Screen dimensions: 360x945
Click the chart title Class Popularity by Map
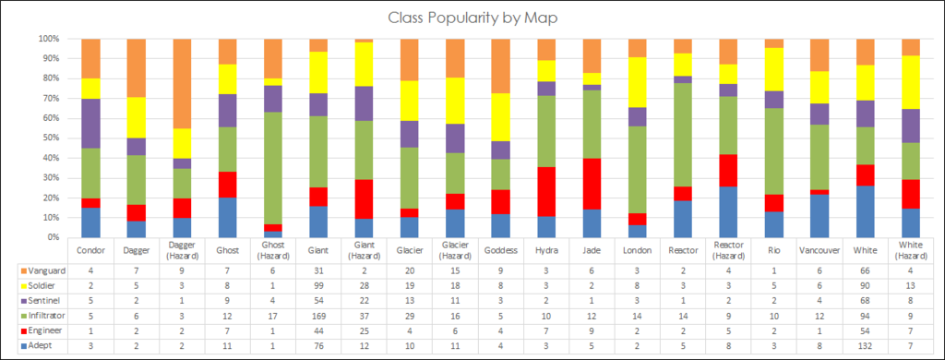(x=473, y=18)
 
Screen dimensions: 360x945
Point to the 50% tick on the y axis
(x=49, y=138)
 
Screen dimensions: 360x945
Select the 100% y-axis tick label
(x=47, y=40)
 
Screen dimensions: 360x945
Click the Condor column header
(x=90, y=250)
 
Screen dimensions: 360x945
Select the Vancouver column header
(x=819, y=250)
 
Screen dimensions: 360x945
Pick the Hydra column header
(x=545, y=250)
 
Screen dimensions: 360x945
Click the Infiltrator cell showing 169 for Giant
(x=318, y=317)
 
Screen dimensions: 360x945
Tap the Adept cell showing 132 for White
(x=865, y=348)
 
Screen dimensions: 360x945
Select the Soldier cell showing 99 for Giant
(x=318, y=285)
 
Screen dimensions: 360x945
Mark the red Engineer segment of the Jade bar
(x=592, y=184)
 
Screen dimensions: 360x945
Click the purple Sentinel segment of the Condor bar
(x=90, y=123)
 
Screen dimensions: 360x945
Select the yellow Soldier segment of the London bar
(x=637, y=82)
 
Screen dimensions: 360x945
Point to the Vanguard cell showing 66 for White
(x=865, y=270)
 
